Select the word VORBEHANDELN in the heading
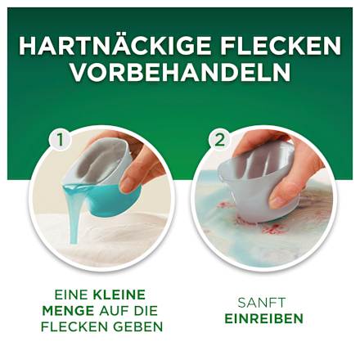click(x=180, y=72)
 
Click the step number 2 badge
click(x=218, y=139)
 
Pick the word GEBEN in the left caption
click(x=140, y=326)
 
